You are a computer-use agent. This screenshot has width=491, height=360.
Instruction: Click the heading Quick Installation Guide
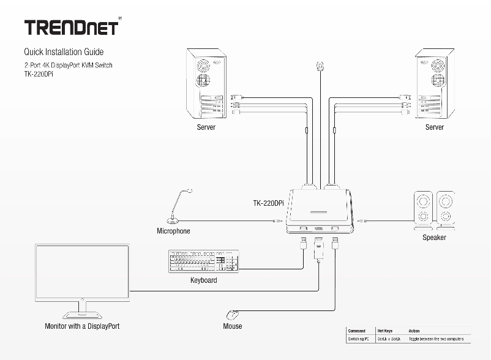coord(64,52)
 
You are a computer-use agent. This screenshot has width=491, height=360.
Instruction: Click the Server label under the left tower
coord(206,127)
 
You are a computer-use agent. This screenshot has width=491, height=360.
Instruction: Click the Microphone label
coord(173,231)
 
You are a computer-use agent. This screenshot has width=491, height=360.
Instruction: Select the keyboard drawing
coord(203,262)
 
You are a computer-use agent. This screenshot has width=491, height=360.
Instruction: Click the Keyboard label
coord(203,280)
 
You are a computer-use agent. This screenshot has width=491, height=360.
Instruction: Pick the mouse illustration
coord(233,315)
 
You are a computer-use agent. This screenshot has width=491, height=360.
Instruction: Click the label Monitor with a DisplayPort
coord(82,326)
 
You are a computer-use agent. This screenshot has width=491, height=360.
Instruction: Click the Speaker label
coord(434,238)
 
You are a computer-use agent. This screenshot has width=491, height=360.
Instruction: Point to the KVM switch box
coord(320,211)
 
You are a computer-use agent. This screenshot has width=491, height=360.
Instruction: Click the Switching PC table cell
coord(358,339)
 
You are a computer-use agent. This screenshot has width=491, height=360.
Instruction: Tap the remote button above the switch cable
coord(320,65)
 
